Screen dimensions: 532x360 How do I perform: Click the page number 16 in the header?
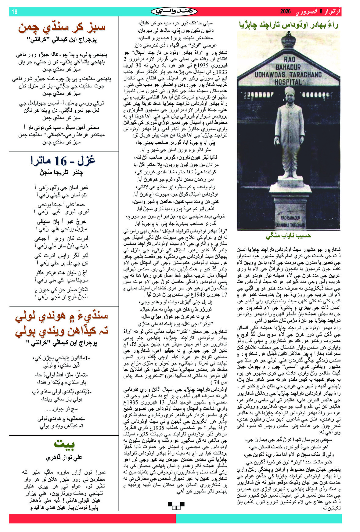14,12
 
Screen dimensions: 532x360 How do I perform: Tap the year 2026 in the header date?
286,12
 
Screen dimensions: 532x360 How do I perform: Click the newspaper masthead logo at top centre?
174,12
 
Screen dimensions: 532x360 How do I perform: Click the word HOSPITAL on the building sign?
288,82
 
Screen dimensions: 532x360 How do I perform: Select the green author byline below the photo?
288,236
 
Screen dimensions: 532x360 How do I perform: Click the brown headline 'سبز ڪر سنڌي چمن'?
62,27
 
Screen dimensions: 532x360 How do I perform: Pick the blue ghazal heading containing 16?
63,160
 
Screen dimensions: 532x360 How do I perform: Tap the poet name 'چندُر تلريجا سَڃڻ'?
61,173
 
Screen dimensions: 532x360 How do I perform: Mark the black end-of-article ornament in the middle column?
176,505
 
